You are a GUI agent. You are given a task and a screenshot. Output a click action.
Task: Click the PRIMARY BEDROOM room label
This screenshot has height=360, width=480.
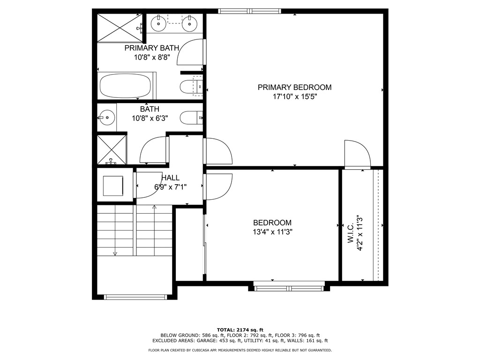294,87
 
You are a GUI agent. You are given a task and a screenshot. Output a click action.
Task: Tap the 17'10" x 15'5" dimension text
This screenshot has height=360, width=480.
294,97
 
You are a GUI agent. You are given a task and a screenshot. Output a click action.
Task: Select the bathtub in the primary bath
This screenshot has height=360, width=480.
126,86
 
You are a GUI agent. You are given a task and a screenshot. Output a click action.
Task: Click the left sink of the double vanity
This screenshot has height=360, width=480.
159,22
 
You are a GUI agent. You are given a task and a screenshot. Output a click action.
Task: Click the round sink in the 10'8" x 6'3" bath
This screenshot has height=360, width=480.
107,117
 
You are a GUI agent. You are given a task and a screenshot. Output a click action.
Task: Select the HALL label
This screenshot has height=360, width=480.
171,178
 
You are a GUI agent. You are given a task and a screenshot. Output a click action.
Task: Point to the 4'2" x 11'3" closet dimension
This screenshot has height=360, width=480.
360,233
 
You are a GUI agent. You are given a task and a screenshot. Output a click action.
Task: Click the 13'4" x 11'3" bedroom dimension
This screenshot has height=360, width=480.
272,232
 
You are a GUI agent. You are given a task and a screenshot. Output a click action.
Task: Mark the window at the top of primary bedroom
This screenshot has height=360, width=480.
250,11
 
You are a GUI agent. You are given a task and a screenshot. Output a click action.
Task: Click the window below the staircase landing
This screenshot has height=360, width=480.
135,297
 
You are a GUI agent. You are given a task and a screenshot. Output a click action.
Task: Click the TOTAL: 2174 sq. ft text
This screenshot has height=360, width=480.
240,330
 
